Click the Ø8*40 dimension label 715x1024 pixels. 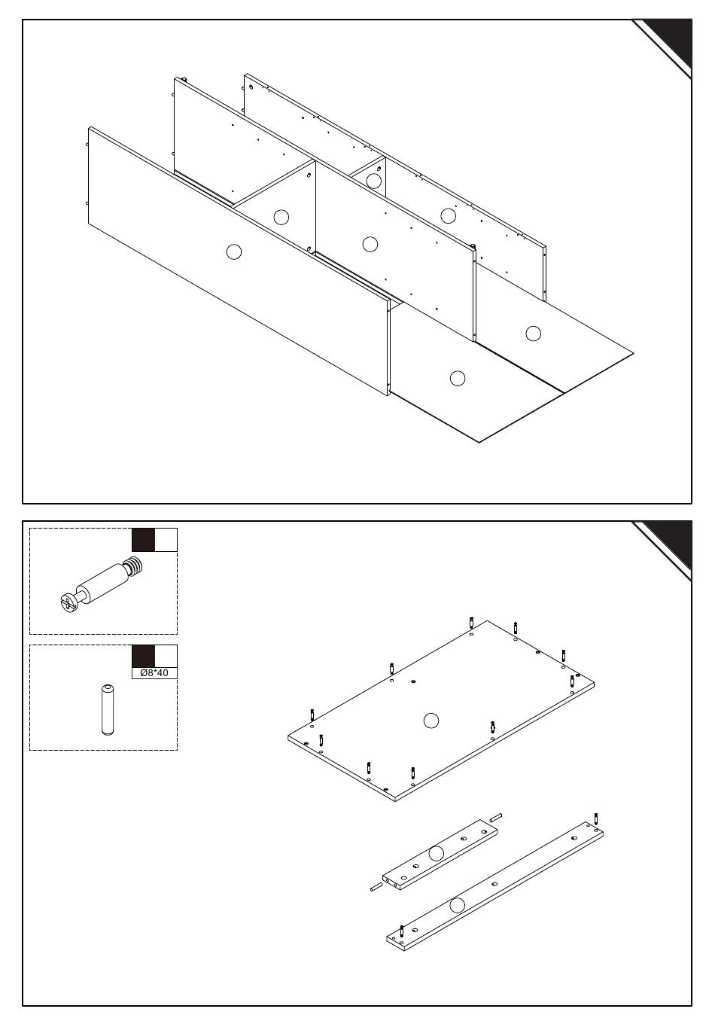click(154, 673)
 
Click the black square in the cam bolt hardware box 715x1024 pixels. click(144, 540)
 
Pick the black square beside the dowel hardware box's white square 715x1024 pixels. click(144, 657)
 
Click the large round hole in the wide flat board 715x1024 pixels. click(431, 721)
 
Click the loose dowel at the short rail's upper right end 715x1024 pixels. click(496, 818)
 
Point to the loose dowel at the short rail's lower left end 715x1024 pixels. click(376, 887)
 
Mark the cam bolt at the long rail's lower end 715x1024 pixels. click(402, 931)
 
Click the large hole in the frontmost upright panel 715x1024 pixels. click(234, 252)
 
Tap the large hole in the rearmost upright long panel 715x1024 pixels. click(448, 216)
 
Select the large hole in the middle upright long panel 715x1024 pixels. click(370, 244)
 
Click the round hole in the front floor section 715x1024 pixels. click(458, 378)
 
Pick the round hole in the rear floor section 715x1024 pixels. click(533, 334)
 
